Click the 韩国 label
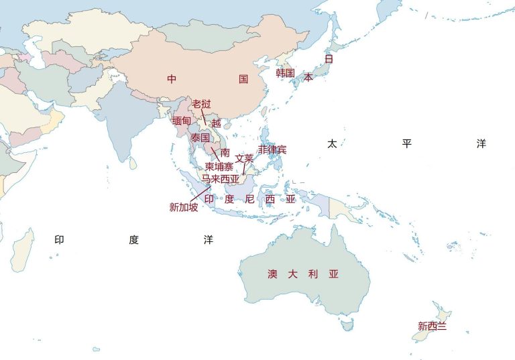click(x=285, y=73)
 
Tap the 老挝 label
click(x=201, y=104)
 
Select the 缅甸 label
click(x=182, y=121)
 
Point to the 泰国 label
click(x=200, y=137)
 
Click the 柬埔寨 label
click(x=219, y=166)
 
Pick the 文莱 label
click(x=244, y=159)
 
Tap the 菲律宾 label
click(x=272, y=149)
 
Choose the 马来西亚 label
click(x=221, y=178)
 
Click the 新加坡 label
click(x=183, y=207)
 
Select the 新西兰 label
click(x=433, y=326)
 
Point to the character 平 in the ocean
click(x=406, y=144)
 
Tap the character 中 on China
click(x=172, y=79)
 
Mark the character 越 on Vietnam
click(x=216, y=123)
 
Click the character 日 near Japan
click(x=329, y=59)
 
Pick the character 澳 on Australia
click(x=272, y=274)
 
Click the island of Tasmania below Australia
click(x=347, y=325)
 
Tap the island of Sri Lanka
click(x=134, y=163)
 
